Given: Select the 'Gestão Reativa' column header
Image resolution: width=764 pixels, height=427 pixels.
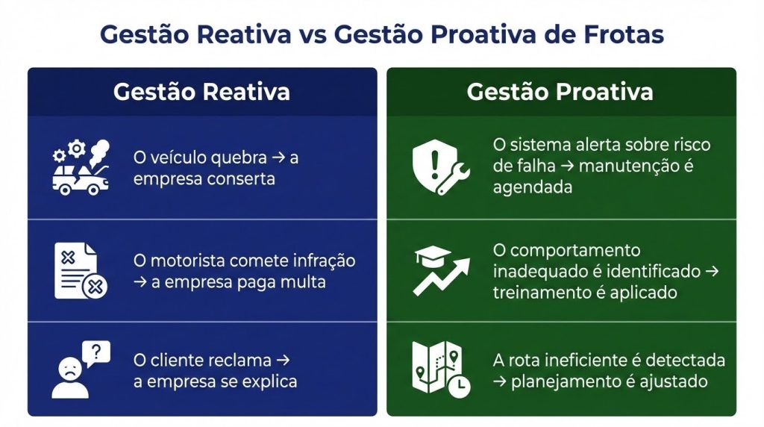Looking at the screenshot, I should point(201,92).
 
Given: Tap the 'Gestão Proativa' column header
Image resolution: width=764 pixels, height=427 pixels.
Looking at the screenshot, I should point(560,92).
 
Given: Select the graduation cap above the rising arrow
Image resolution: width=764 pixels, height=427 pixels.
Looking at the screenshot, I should point(432,257).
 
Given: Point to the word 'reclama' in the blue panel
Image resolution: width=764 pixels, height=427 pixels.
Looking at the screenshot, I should point(242,360).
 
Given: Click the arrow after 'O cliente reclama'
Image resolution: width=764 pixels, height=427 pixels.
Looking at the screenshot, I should point(282,360).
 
